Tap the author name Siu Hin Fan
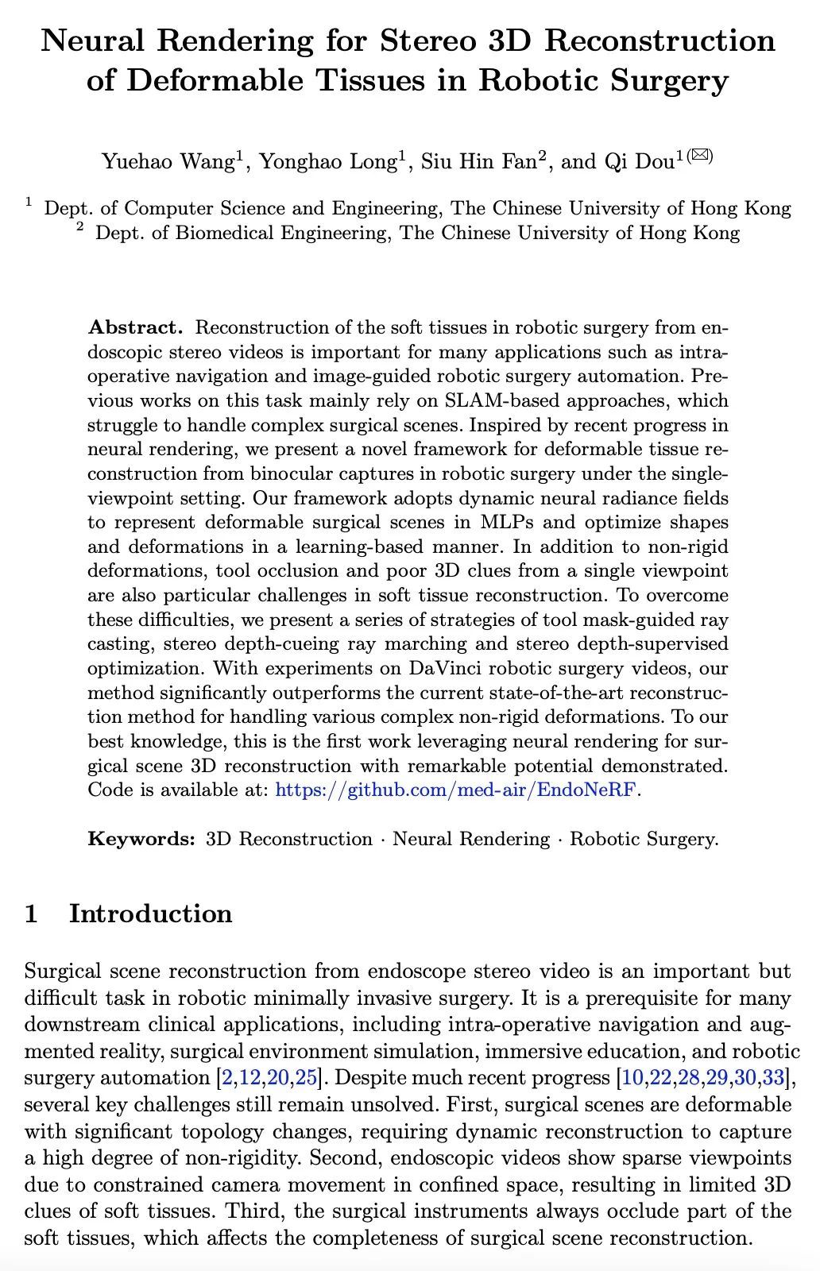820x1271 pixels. click(x=478, y=161)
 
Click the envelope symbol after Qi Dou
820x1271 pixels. click(x=698, y=155)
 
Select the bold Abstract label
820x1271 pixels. click(x=136, y=327)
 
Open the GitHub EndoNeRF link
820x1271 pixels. click(x=456, y=790)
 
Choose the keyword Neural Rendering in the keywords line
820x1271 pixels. click(x=471, y=839)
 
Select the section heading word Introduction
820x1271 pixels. click(x=151, y=914)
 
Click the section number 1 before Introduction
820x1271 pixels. click(x=31, y=914)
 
